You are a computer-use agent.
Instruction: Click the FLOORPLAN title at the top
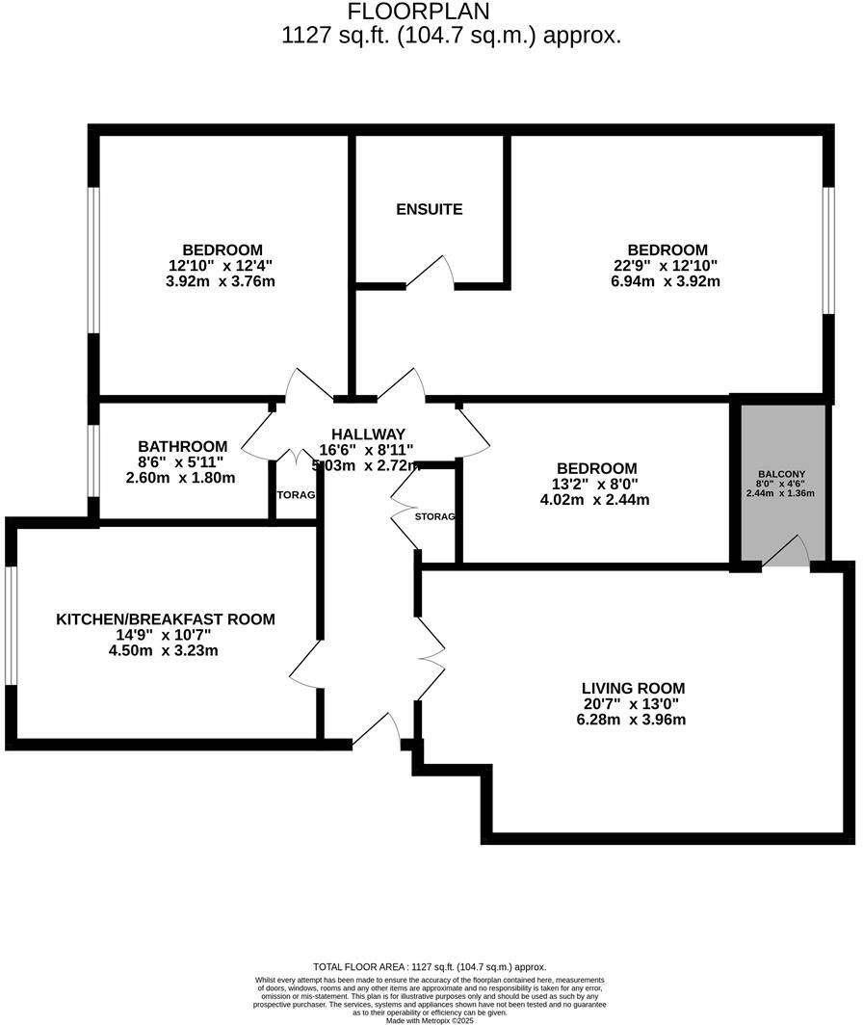pyautogui.click(x=418, y=12)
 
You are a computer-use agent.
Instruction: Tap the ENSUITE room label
pyautogui.click(x=430, y=209)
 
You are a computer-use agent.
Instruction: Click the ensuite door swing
pyautogui.click(x=431, y=273)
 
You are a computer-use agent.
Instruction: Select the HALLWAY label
pyautogui.click(x=368, y=434)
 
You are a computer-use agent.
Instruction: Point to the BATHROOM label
pyautogui.click(x=183, y=446)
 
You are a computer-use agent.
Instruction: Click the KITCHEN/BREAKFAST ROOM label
pyautogui.click(x=165, y=619)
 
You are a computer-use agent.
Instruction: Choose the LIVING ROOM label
pyautogui.click(x=633, y=688)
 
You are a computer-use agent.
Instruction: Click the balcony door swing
pyautogui.click(x=788, y=552)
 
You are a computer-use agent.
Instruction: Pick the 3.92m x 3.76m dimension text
pyautogui.click(x=221, y=281)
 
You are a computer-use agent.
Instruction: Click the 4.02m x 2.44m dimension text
pyautogui.click(x=595, y=499)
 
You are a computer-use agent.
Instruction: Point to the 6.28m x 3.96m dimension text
pyautogui.click(x=633, y=719)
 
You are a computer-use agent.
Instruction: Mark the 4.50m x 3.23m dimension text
pyautogui.click(x=165, y=650)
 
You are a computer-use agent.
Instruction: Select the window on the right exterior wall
pyautogui.click(x=827, y=250)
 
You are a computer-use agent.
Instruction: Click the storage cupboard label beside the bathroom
pyautogui.click(x=296, y=495)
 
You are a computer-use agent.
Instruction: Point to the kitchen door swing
pyautogui.click(x=306, y=666)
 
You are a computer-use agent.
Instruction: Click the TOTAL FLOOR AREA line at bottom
pyautogui.click(x=430, y=966)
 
